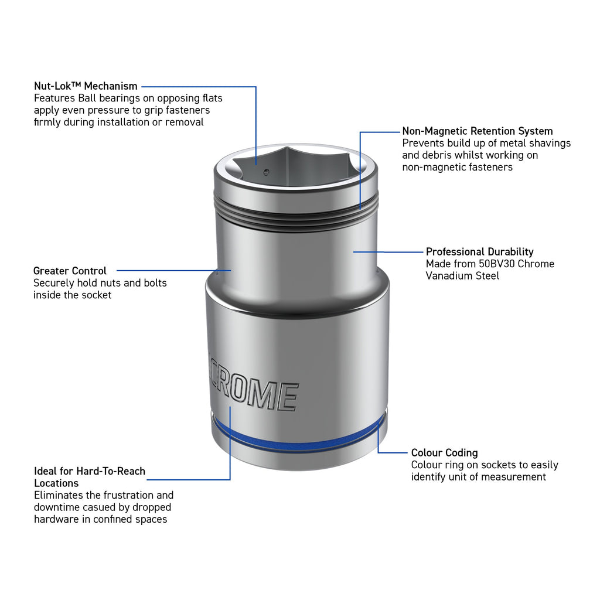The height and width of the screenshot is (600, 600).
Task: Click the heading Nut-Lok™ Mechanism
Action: (x=86, y=86)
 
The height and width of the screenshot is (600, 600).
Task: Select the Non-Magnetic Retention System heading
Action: (x=477, y=131)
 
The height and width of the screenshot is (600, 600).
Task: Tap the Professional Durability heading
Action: (x=479, y=252)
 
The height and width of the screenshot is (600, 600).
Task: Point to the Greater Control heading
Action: (x=70, y=271)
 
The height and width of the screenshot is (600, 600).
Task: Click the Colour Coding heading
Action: (x=444, y=453)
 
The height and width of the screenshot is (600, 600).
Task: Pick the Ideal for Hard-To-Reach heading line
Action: (x=90, y=471)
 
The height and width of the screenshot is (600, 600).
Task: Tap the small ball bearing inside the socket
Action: (x=267, y=172)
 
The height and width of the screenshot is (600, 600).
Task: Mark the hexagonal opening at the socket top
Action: (x=296, y=166)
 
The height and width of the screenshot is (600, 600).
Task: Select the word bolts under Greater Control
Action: (x=155, y=283)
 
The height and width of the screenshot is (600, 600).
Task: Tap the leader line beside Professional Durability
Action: (x=388, y=252)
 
